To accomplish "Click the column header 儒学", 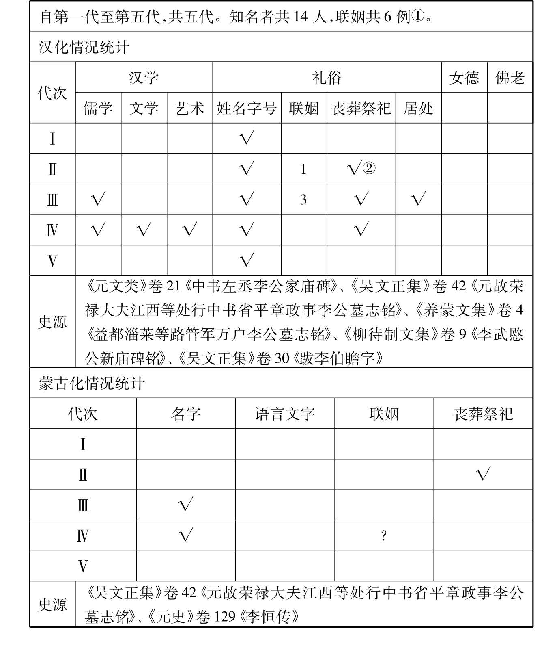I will pos(98,108).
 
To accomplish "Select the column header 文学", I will pos(144,108).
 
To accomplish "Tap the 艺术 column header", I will pos(189,108).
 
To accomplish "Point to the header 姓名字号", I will pos(247,108).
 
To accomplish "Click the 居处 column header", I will pos(418,108).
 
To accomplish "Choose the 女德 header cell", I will pos(464,78).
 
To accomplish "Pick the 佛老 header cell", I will pos(510,78).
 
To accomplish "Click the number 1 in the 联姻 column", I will pos(303,169).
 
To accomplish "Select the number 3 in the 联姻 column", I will pos(303,199).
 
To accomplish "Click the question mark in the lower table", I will pos(384,536).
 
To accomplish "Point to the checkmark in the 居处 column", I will pos(418,199).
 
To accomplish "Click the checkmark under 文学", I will pos(144,230).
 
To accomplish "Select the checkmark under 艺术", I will pos(189,230).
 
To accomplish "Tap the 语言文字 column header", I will pos(285,414).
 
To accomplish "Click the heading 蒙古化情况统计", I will pos(92,383).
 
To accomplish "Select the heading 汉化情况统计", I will pos(84,47).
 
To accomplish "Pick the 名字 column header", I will pos(185,414).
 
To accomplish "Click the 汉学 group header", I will pos(144,78).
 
